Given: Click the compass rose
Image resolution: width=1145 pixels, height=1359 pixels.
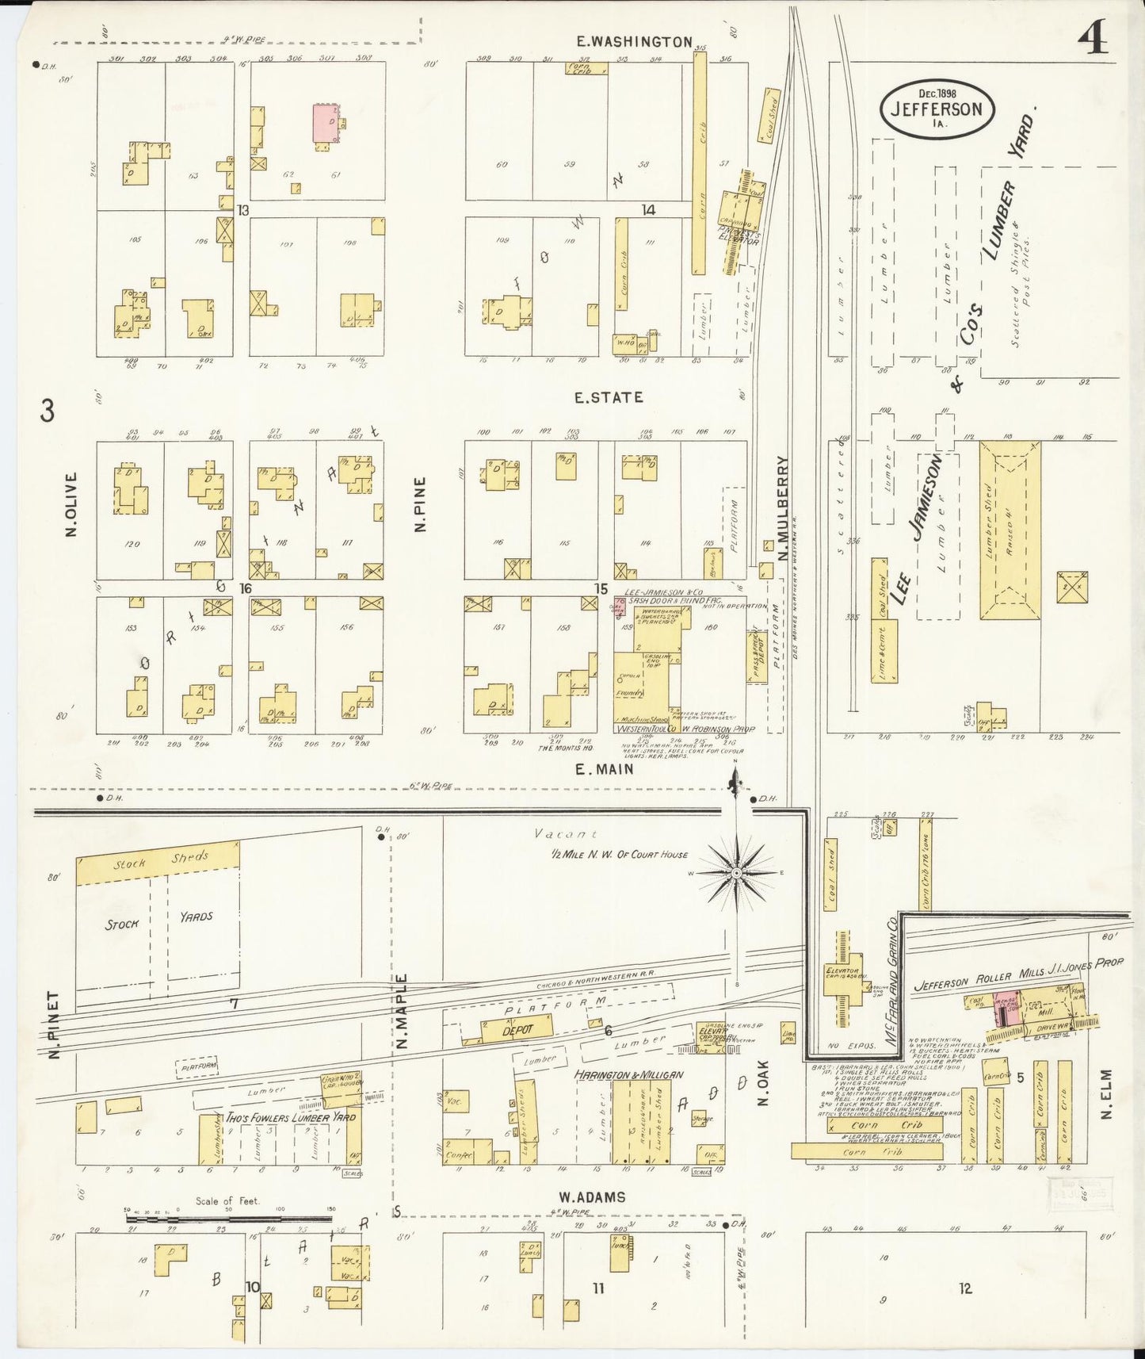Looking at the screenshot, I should [736, 872].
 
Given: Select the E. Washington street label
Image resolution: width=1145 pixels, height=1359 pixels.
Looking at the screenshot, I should [634, 42].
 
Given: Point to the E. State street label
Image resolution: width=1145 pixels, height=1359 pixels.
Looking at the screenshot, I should [609, 397].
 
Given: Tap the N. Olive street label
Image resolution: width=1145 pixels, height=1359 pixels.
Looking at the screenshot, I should [71, 504].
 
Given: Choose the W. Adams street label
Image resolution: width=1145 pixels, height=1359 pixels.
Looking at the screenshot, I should [591, 1197].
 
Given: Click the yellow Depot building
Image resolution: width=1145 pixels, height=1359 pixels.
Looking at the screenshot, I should [516, 1029].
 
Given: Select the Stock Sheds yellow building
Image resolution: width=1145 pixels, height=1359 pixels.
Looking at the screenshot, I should [158, 862].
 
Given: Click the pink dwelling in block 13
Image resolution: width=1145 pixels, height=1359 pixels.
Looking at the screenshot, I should [324, 123].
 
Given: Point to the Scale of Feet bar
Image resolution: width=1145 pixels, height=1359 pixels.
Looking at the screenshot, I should [228, 1214].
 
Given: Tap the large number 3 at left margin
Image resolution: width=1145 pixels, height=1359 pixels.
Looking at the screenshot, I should [48, 412].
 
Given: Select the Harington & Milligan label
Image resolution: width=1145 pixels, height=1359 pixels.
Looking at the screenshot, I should [628, 1075].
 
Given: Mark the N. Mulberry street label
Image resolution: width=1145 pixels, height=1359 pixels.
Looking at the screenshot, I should [783, 507].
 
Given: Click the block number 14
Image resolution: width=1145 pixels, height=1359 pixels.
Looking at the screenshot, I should [649, 210].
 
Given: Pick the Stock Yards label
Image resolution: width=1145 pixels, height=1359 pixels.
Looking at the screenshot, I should [158, 919].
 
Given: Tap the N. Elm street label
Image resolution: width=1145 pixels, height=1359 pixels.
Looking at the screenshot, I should [1106, 1094].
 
